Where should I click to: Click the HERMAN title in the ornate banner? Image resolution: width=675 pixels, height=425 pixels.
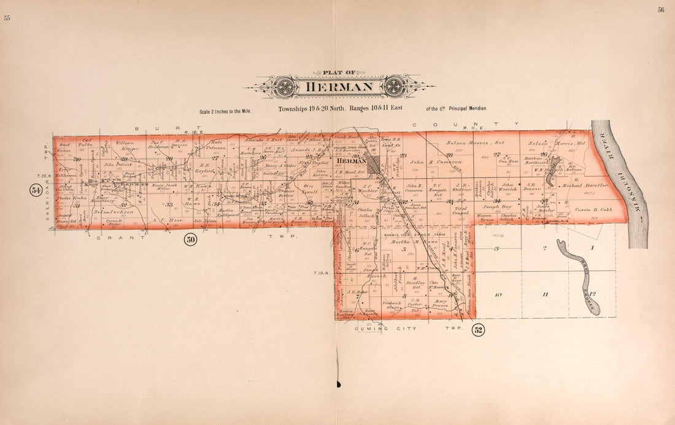[x=339, y=86]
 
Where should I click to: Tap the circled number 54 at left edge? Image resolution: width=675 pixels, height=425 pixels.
[x=36, y=190]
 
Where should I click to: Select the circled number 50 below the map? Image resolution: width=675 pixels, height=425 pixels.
[x=190, y=240]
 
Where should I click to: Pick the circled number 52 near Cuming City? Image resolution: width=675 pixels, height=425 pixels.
[x=478, y=330]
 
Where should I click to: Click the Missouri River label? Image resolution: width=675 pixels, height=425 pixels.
[x=638, y=184]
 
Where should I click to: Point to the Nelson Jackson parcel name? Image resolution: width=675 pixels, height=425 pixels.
[x=112, y=212]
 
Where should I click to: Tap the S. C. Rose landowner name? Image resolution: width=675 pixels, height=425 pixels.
[x=168, y=219]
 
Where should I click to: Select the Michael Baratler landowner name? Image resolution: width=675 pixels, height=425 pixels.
[x=584, y=185]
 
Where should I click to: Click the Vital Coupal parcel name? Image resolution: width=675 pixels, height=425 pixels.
[x=460, y=211]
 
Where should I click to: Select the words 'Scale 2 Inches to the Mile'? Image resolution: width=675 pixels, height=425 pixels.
[x=231, y=112]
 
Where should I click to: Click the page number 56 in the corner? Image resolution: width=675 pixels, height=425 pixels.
[x=661, y=10]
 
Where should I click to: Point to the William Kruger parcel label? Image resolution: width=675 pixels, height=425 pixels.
[x=124, y=146]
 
